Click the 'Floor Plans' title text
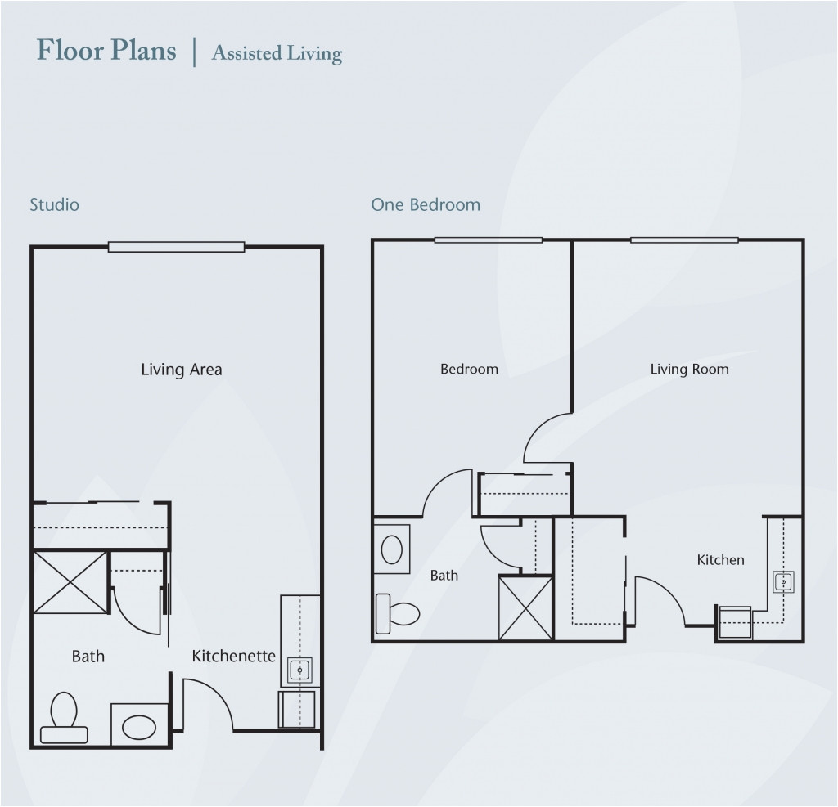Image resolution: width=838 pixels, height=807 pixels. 106,50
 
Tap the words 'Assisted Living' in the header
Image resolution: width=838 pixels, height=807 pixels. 277,53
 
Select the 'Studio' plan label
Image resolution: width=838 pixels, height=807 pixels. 55,204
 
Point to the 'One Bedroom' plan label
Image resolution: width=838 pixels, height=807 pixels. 426,204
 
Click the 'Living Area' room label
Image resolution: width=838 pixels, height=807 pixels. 181,370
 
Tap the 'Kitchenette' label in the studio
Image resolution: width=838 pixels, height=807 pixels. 233,656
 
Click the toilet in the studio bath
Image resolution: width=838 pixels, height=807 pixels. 64,718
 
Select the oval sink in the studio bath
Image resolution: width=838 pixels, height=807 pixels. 139,727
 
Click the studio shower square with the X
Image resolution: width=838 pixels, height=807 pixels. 70,582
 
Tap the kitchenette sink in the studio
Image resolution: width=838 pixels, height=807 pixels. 300,670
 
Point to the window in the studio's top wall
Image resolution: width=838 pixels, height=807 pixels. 177,247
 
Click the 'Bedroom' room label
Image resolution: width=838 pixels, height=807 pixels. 469,369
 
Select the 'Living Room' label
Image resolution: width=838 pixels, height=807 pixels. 689,369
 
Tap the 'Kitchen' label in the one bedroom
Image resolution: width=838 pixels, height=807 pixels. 720,560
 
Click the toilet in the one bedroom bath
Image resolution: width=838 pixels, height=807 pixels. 398,614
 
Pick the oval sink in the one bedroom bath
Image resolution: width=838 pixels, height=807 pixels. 392,549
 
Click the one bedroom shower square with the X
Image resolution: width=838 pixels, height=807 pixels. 525,607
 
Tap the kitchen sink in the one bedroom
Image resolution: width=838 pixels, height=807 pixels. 783,581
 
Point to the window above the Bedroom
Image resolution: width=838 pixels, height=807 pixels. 489,240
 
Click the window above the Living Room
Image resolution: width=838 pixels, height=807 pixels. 685,240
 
